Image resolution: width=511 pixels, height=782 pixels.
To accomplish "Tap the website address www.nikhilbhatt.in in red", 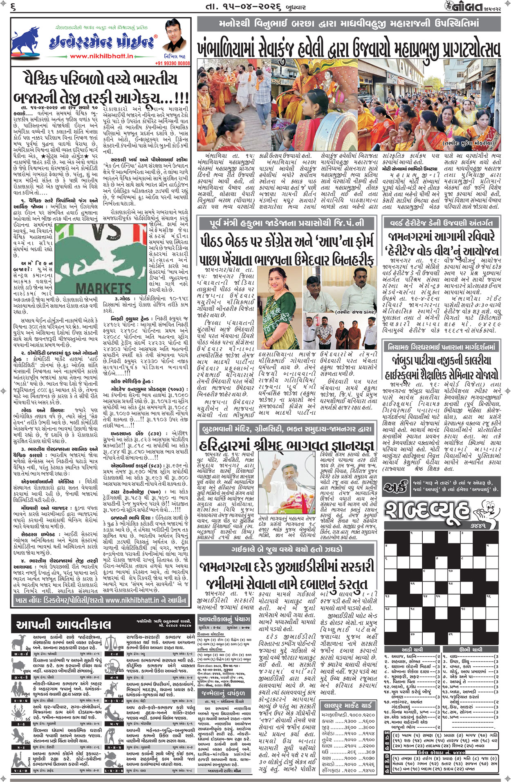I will click(x=101, y=56).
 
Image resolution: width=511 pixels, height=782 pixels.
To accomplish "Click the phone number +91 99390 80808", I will click(x=173, y=63).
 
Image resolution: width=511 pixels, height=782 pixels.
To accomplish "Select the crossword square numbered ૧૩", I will click(x=387, y=597).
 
